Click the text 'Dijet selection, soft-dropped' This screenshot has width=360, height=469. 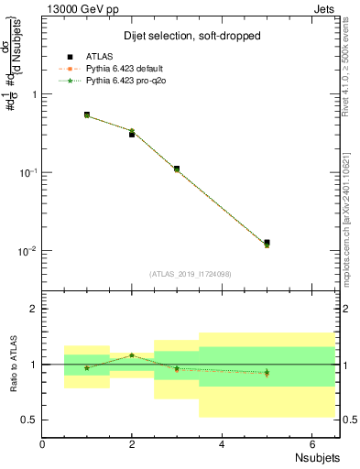(x=191, y=36)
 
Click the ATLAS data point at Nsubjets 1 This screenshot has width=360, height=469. (x=87, y=115)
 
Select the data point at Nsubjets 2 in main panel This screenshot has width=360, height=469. (x=132, y=134)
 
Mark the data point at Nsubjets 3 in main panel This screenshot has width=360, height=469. (x=177, y=169)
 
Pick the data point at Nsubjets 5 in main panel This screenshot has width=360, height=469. (x=267, y=243)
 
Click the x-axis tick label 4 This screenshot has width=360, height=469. (x=222, y=445)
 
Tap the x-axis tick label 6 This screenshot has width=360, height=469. (x=311, y=445)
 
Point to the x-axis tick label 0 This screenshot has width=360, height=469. (x=42, y=445)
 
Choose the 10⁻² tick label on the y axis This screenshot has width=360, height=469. (x=26, y=251)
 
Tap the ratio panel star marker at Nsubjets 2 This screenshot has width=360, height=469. (x=132, y=355)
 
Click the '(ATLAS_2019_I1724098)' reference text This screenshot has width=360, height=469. (x=191, y=273)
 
